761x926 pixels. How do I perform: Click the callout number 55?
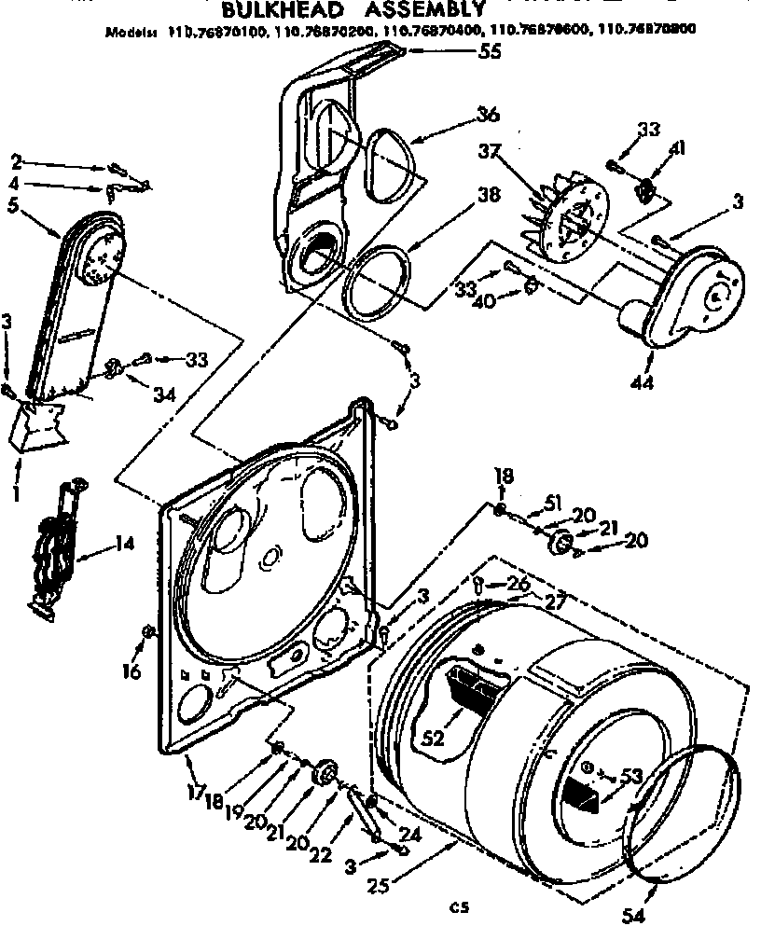coord(487,52)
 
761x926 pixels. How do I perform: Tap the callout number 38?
coord(487,196)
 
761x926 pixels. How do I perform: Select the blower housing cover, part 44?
coord(695,296)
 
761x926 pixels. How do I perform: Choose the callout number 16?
coord(133,671)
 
